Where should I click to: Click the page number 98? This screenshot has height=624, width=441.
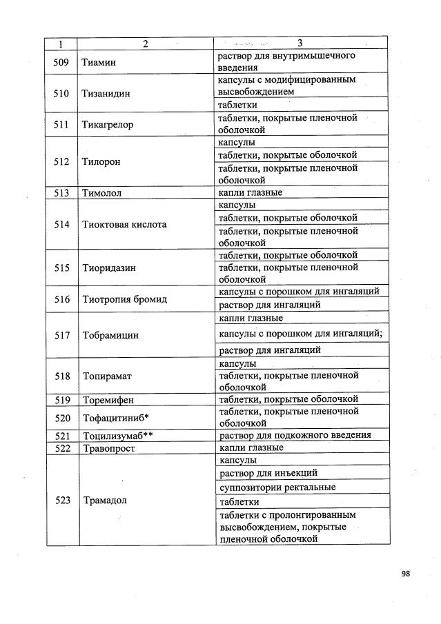pos(405,572)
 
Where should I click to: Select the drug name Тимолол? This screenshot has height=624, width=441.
pos(101,193)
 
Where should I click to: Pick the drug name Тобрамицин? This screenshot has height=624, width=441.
pos(110,335)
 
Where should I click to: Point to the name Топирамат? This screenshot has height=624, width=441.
pos(106,376)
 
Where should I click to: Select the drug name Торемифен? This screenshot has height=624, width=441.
pos(108,399)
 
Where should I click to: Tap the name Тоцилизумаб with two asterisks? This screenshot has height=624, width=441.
pos(118,436)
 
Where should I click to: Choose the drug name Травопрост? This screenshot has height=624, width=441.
pos(108,448)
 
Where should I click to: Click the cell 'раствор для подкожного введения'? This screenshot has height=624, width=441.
pos(295,436)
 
